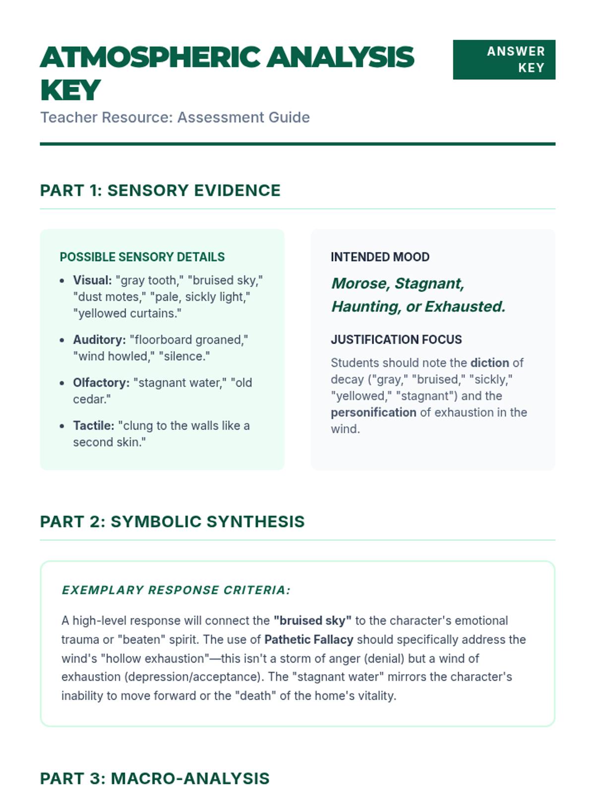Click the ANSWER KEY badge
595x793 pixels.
(x=504, y=59)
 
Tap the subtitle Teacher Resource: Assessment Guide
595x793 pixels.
(x=175, y=117)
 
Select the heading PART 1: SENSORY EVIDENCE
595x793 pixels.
(x=160, y=190)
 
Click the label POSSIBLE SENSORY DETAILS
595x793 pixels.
(x=142, y=257)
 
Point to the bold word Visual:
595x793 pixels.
(x=92, y=280)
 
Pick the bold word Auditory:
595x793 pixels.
(x=99, y=340)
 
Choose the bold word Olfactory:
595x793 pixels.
(x=101, y=383)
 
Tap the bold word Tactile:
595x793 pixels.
(x=94, y=425)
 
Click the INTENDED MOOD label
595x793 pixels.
(x=380, y=257)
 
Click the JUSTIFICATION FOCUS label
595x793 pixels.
(x=396, y=340)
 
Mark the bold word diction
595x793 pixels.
(x=489, y=363)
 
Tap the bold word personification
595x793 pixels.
(x=373, y=412)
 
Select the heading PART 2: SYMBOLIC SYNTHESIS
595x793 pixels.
(x=172, y=521)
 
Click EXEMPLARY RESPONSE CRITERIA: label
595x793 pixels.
(x=176, y=590)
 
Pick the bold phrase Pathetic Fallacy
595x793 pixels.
(x=308, y=639)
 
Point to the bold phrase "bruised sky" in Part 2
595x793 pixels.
(x=312, y=621)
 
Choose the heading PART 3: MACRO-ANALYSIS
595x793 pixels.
(x=155, y=778)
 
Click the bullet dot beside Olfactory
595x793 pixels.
(x=62, y=383)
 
